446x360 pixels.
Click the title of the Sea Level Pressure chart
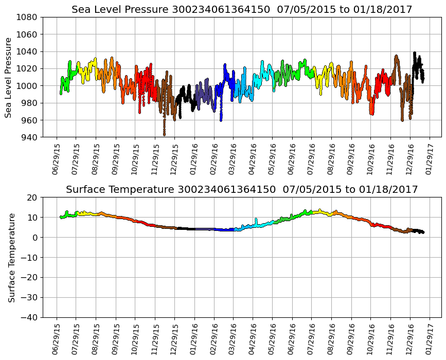coord(242,9)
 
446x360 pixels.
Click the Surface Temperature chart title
coord(242,190)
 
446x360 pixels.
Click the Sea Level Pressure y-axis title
coord(9,77)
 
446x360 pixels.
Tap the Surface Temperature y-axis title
coord(11,258)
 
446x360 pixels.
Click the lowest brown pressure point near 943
coord(164,134)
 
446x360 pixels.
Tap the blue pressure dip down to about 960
coord(221,119)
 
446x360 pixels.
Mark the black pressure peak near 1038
coord(415,53)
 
